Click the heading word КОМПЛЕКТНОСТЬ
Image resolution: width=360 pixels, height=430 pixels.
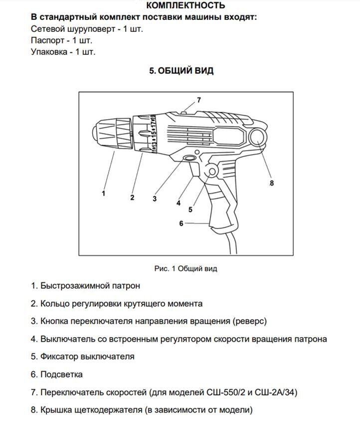point(185,5)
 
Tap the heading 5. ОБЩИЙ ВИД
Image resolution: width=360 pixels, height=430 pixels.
point(181,71)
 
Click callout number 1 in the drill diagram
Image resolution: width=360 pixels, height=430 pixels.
point(104,193)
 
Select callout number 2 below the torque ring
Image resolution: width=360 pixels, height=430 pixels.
point(132,198)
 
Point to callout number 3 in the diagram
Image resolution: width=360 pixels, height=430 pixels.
point(155,198)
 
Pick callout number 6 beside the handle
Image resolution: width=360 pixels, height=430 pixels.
point(181,223)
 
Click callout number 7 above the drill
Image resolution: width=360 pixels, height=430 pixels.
point(198,100)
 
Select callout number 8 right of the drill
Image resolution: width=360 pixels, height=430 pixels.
point(272,183)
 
